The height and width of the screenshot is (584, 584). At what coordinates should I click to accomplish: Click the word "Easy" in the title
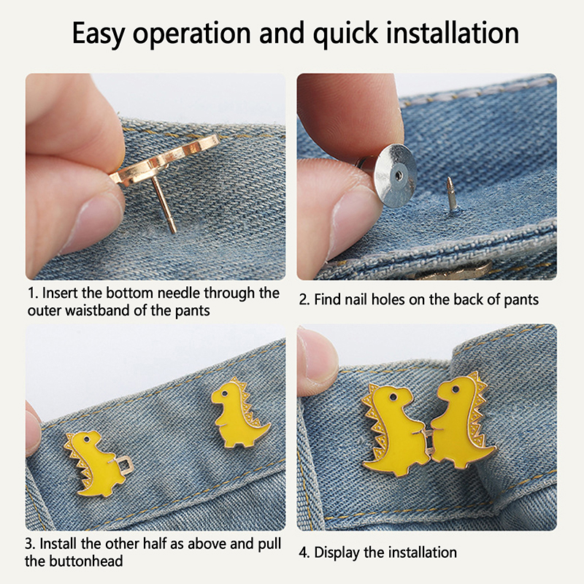tap(98, 34)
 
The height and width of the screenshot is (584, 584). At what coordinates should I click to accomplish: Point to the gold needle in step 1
tap(164, 204)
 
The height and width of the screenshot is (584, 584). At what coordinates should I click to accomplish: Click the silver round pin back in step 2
tap(394, 175)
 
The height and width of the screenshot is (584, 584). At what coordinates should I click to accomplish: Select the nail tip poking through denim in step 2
tap(451, 193)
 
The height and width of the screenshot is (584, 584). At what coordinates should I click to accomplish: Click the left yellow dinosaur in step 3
tap(94, 463)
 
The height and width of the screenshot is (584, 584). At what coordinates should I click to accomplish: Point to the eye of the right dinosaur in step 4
tap(455, 390)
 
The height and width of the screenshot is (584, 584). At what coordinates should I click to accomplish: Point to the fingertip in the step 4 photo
tap(317, 361)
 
